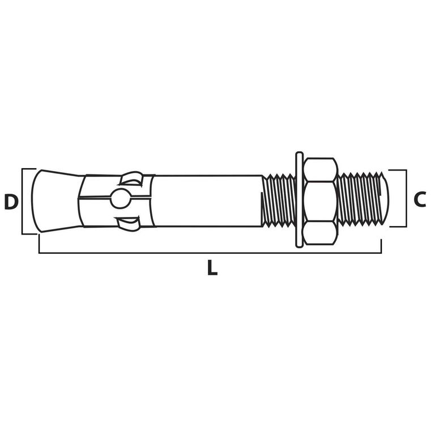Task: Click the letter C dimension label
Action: point(420,199)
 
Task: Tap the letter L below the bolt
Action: point(212,267)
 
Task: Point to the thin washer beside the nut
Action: point(299,199)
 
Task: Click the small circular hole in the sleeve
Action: point(121,198)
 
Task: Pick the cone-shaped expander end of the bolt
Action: point(56,201)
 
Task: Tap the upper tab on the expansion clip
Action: point(131,178)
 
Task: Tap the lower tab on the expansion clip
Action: point(128,224)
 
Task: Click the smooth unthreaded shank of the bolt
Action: point(207,201)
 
